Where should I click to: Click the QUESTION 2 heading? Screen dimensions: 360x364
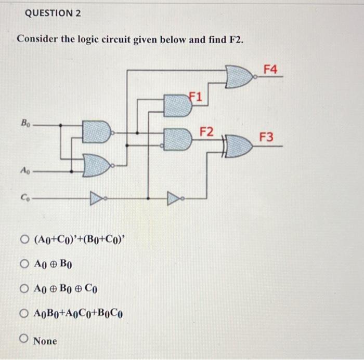[53, 14]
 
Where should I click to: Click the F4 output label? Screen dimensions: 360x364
[271, 69]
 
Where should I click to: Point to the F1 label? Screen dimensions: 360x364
[197, 97]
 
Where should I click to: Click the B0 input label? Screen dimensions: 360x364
[25, 124]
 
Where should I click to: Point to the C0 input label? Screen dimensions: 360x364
[24, 197]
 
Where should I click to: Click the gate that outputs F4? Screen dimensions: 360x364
[240, 76]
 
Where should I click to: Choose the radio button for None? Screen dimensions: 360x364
[24, 340]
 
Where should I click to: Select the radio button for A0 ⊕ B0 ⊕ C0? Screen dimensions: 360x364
[24, 288]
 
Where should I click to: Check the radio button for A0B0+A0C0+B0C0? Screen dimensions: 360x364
[24, 313]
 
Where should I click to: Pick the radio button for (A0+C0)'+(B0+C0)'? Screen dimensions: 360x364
[24, 239]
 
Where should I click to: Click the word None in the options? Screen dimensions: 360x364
[46, 341]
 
